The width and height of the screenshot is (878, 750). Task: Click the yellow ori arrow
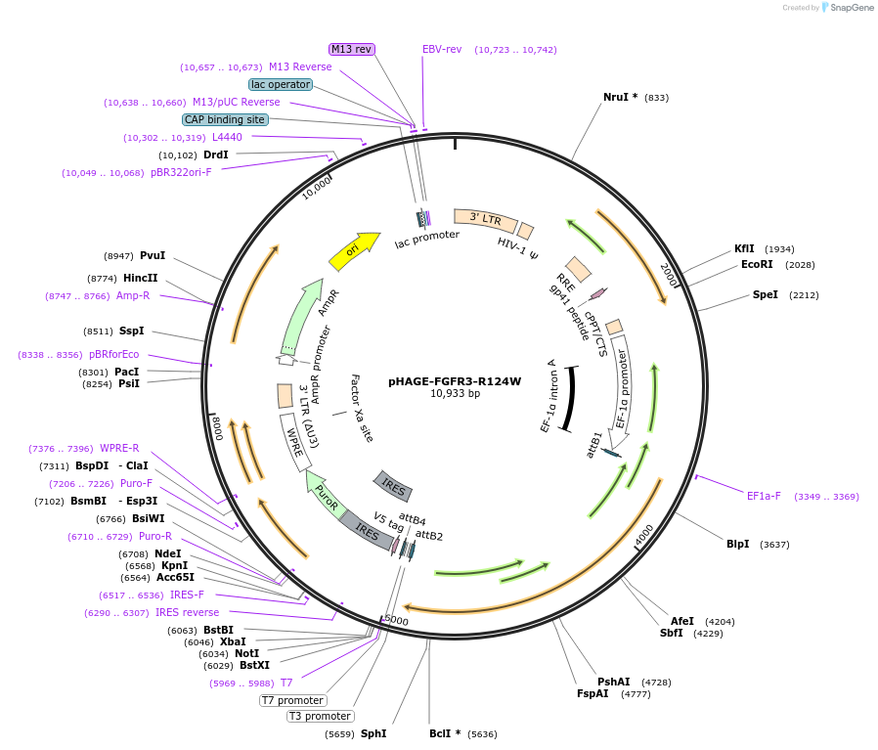point(354,250)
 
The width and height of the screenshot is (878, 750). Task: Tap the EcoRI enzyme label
point(757,264)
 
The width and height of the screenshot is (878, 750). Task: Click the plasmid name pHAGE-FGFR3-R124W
point(455,381)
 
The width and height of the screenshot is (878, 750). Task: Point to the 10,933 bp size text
point(455,394)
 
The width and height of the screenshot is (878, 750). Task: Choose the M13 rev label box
point(352,49)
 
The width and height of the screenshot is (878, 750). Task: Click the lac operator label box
point(281,84)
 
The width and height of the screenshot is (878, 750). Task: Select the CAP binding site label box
point(225,119)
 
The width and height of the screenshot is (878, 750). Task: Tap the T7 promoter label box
point(292,700)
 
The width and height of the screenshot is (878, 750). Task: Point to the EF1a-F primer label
point(764,496)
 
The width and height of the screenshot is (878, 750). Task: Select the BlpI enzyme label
point(737,544)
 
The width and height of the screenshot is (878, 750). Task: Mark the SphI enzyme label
point(373,733)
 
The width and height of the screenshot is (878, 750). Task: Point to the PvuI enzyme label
point(153,255)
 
